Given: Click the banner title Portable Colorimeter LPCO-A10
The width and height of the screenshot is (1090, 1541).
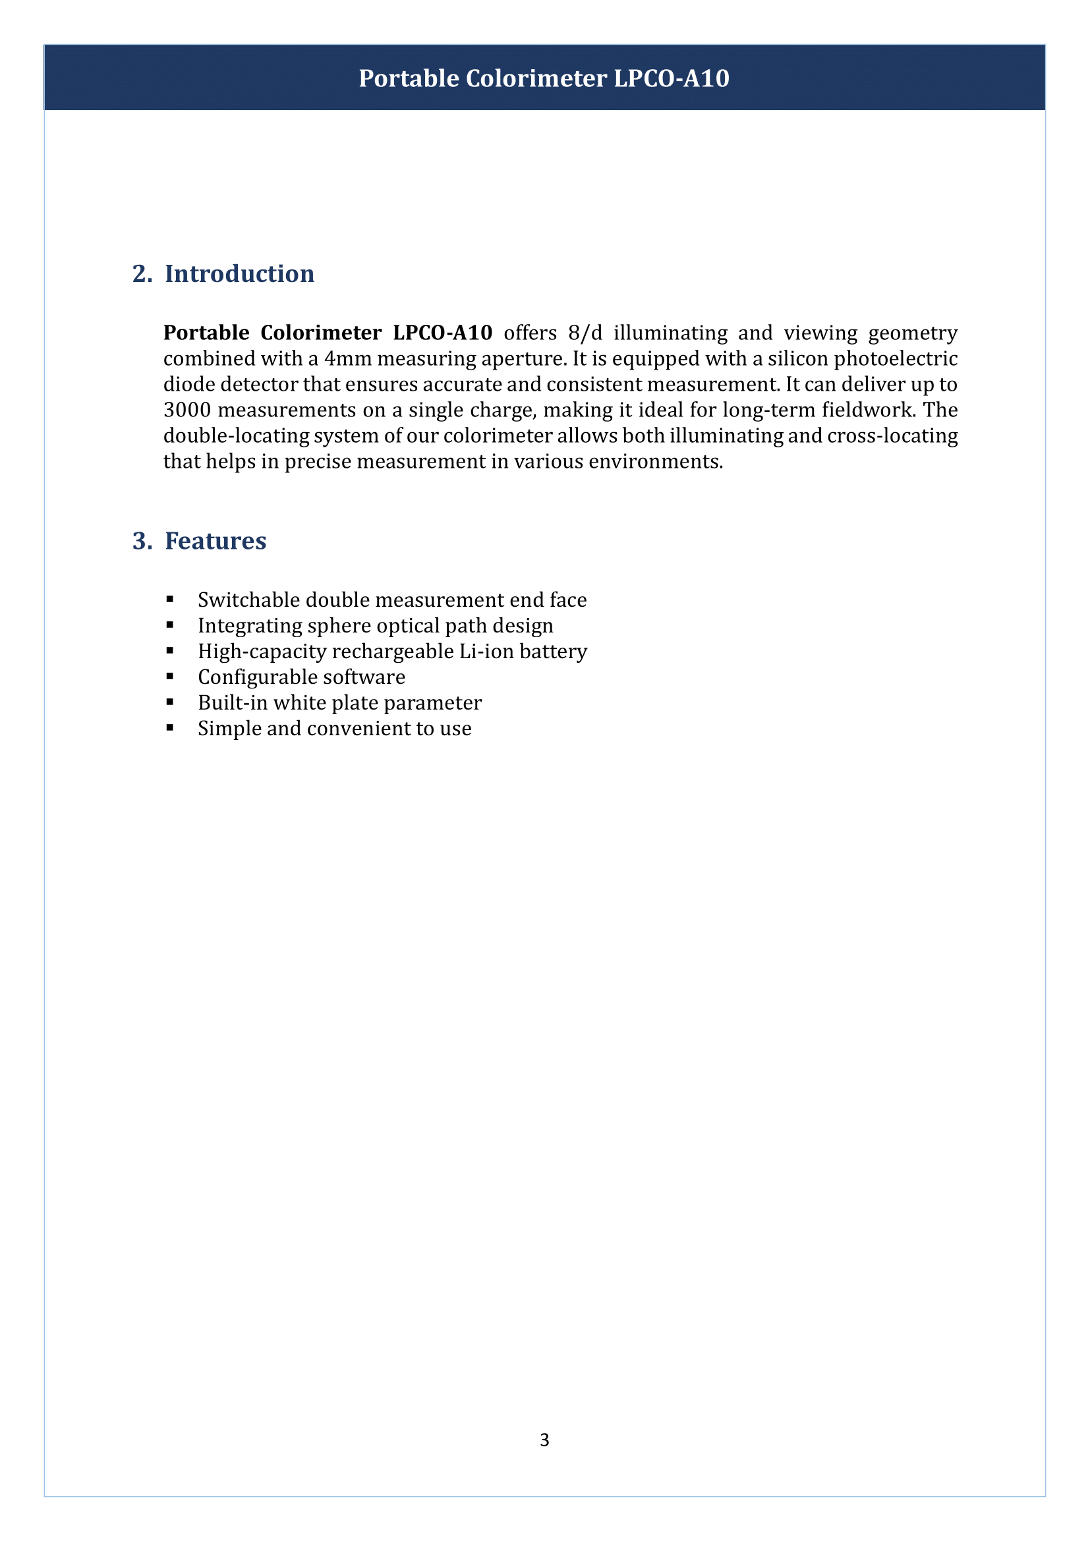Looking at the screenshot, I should tap(544, 78).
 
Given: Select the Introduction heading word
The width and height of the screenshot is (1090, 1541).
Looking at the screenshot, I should tap(240, 274).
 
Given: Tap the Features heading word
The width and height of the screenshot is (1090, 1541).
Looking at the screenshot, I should tap(215, 541).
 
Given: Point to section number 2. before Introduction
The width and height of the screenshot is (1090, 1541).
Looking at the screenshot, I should tap(142, 274).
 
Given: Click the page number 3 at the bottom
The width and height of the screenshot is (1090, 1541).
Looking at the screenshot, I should tap(544, 1440).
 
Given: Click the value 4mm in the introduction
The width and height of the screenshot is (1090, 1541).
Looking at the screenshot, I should tap(348, 359).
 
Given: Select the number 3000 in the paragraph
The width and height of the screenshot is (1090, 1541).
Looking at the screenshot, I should tap(187, 410).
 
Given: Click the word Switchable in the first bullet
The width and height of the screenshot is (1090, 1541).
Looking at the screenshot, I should tap(249, 600).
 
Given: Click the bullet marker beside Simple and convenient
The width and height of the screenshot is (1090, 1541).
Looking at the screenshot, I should tap(170, 728).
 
